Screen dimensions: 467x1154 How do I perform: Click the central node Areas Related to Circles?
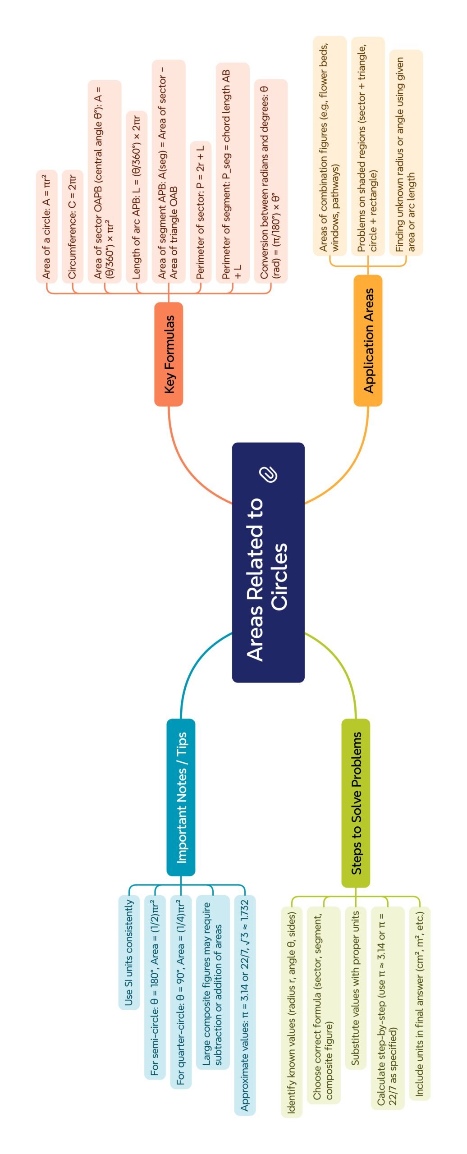268,562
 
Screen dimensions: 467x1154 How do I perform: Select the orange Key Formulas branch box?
169,354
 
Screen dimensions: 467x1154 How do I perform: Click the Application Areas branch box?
368,340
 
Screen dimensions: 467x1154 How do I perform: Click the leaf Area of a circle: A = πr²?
46,226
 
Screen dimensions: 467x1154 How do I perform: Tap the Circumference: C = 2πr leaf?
73,226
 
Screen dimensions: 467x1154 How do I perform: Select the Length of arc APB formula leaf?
137,197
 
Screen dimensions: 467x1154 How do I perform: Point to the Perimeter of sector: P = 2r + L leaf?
201,212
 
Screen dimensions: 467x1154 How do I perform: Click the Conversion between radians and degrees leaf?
270,181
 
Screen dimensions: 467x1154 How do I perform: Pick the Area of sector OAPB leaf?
105,182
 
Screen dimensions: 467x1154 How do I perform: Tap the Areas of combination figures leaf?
330,146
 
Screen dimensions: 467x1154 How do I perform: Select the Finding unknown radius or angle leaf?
406,153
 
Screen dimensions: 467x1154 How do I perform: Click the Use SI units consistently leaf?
129,953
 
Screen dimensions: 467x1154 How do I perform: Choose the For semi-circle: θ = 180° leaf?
155,987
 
